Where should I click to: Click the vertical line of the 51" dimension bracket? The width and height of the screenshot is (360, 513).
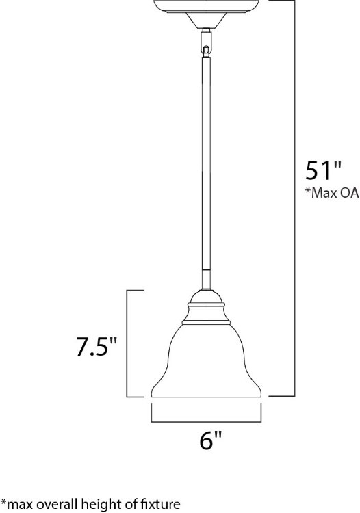(x=294, y=198)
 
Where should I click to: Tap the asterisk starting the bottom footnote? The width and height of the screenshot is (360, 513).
(x=3, y=503)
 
